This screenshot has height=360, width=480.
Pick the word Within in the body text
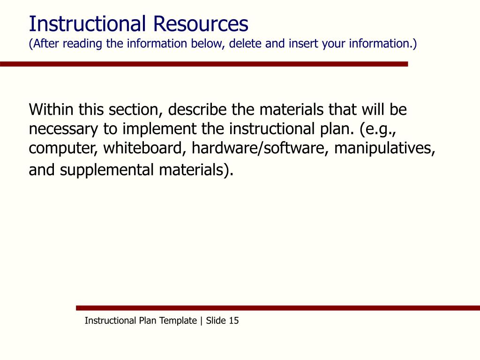pyautogui.click(x=52, y=110)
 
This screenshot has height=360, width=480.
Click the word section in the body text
pyautogui.click(x=135, y=110)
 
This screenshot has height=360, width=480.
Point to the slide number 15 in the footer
pyautogui.click(x=234, y=321)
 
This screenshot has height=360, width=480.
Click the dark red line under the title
pyautogui.click(x=204, y=64)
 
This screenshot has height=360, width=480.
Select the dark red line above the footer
pyautogui.click(x=278, y=308)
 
